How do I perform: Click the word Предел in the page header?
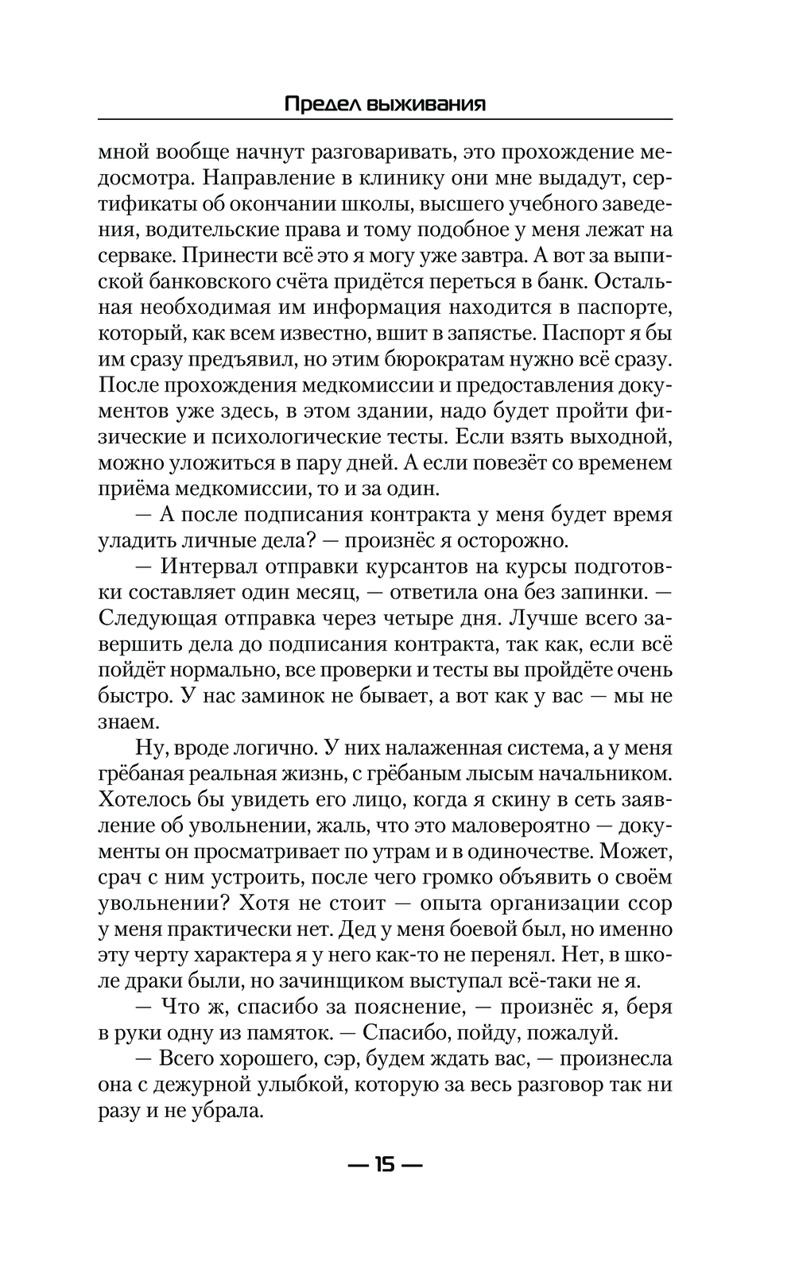point(318,104)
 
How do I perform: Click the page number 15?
point(385,1166)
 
